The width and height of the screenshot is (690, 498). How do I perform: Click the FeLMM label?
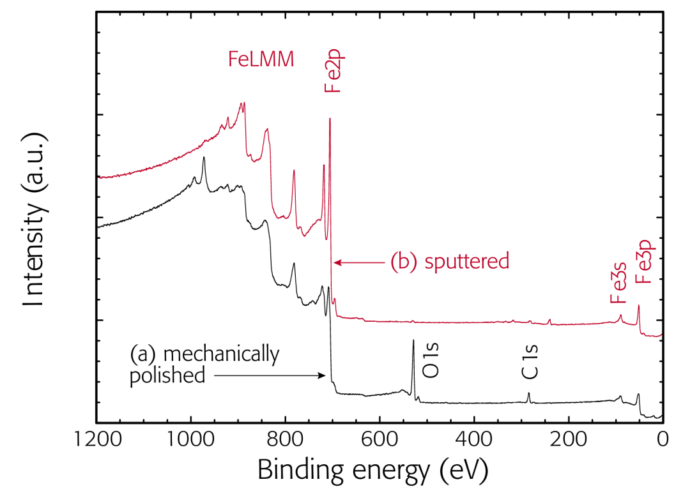[261, 59]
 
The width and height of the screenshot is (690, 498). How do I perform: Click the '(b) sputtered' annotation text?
[450, 262]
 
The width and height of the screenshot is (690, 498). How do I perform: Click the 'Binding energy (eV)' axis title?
[373, 471]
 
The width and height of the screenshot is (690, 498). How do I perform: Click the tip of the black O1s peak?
[413, 341]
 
